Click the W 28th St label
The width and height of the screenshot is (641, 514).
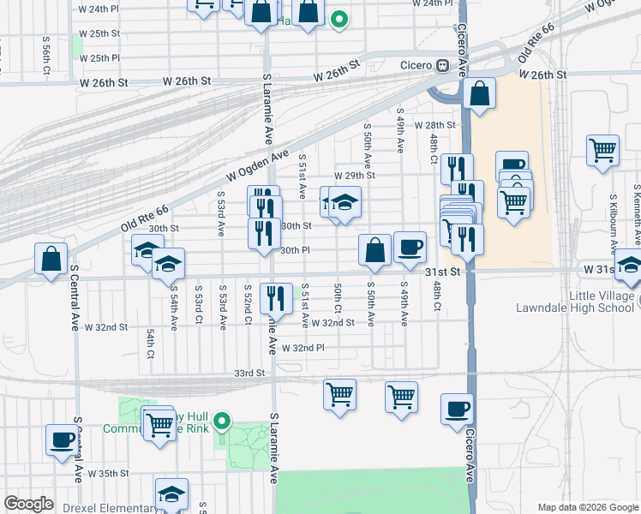pyautogui.click(x=434, y=125)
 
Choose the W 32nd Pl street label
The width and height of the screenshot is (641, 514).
pyautogui.click(x=303, y=349)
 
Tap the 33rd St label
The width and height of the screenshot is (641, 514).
pyautogui.click(x=251, y=374)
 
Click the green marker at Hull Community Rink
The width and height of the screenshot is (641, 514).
pyautogui.click(x=222, y=421)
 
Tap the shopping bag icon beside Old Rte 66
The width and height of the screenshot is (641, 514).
pyautogui.click(x=51, y=258)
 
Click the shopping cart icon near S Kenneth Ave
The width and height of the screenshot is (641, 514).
pyautogui.click(x=602, y=150)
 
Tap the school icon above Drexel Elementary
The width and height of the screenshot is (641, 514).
pyautogui.click(x=171, y=493)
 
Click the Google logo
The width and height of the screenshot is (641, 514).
pyautogui.click(x=28, y=504)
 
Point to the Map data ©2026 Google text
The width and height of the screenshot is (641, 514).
pyautogui.click(x=587, y=507)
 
